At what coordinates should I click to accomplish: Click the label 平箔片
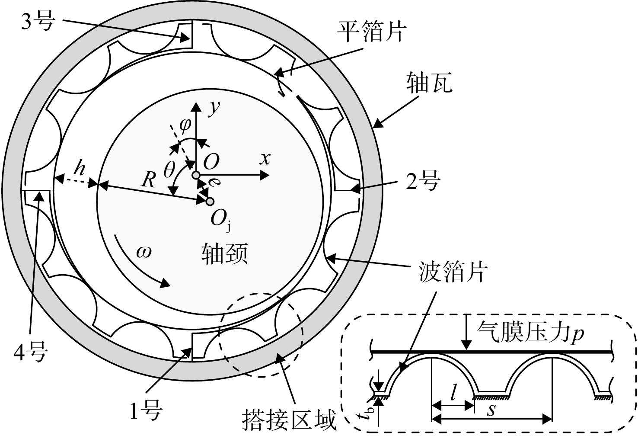pos(371,32)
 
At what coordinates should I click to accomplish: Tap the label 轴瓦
pos(429,82)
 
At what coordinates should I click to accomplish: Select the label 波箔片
pos(453,272)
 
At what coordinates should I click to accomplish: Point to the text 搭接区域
pos(289,420)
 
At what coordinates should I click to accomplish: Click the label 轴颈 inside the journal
pos(225,254)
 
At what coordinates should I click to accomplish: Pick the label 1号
pos(146,410)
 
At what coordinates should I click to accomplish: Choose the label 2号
pos(423,181)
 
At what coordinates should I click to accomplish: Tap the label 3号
pos(38,22)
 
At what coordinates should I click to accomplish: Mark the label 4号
pos(31,352)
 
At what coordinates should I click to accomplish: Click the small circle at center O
pos(196,175)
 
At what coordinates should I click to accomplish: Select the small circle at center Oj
pos(210,202)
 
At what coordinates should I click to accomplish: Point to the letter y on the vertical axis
pos(214,109)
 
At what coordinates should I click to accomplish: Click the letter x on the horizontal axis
pos(265,158)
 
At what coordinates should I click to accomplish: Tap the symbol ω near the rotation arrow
pos(144,252)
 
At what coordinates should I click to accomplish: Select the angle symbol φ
pos(185,125)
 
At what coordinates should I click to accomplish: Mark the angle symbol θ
pos(169,170)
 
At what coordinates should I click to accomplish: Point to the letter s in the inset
pos(491,410)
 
